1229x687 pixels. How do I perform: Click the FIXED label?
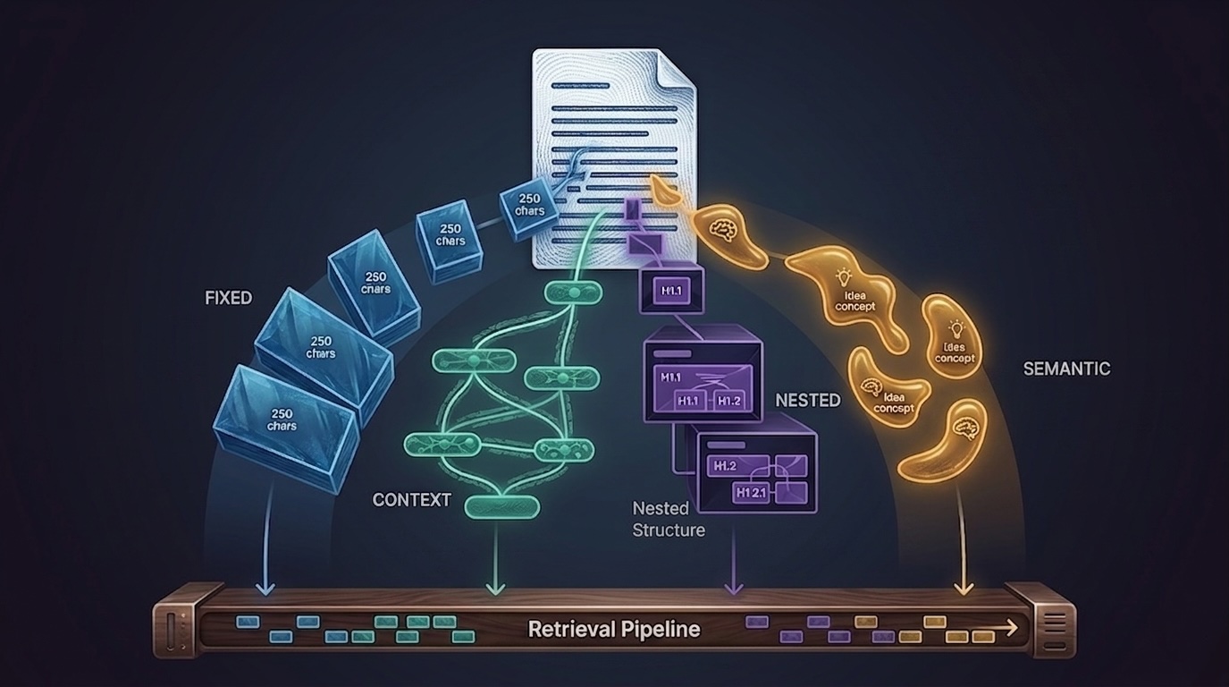point(229,298)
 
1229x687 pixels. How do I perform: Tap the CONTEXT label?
point(412,500)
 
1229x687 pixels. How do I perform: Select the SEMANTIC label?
point(1066,369)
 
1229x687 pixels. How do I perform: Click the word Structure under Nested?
point(669,530)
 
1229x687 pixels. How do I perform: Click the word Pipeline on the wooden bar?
point(659,629)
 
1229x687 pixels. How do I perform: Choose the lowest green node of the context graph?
point(502,507)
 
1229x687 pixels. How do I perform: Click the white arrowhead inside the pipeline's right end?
point(1012,628)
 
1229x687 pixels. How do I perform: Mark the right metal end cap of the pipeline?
point(1046,620)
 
